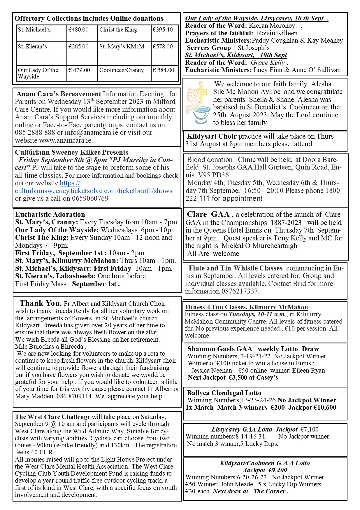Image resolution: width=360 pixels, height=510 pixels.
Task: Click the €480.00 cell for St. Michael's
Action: pyautogui.click(x=78, y=30)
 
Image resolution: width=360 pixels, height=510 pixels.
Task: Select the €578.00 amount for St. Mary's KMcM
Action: pyautogui.click(x=162, y=47)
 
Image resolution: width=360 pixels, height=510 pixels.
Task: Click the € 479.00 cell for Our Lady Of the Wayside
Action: pyautogui.click(x=79, y=70)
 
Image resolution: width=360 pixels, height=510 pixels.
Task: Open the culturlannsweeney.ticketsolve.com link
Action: pyautogui.click(x=93, y=191)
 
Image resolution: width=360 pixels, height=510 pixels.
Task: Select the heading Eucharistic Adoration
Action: pyautogui.click(x=50, y=215)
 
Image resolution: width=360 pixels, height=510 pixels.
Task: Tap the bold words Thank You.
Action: pyautogui.click(x=41, y=303)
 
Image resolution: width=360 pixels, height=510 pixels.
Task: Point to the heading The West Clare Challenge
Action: pyautogui.click(x=53, y=417)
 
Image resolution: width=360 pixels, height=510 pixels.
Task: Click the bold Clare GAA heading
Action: pyautogui.click(x=208, y=214)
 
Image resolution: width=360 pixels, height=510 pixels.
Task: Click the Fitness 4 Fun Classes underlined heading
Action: pyautogui.click(x=246, y=307)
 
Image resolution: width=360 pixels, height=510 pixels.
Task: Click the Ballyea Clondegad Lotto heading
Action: pyautogui.click(x=224, y=393)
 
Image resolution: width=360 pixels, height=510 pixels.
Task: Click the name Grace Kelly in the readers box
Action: pyautogui.click(x=268, y=63)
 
